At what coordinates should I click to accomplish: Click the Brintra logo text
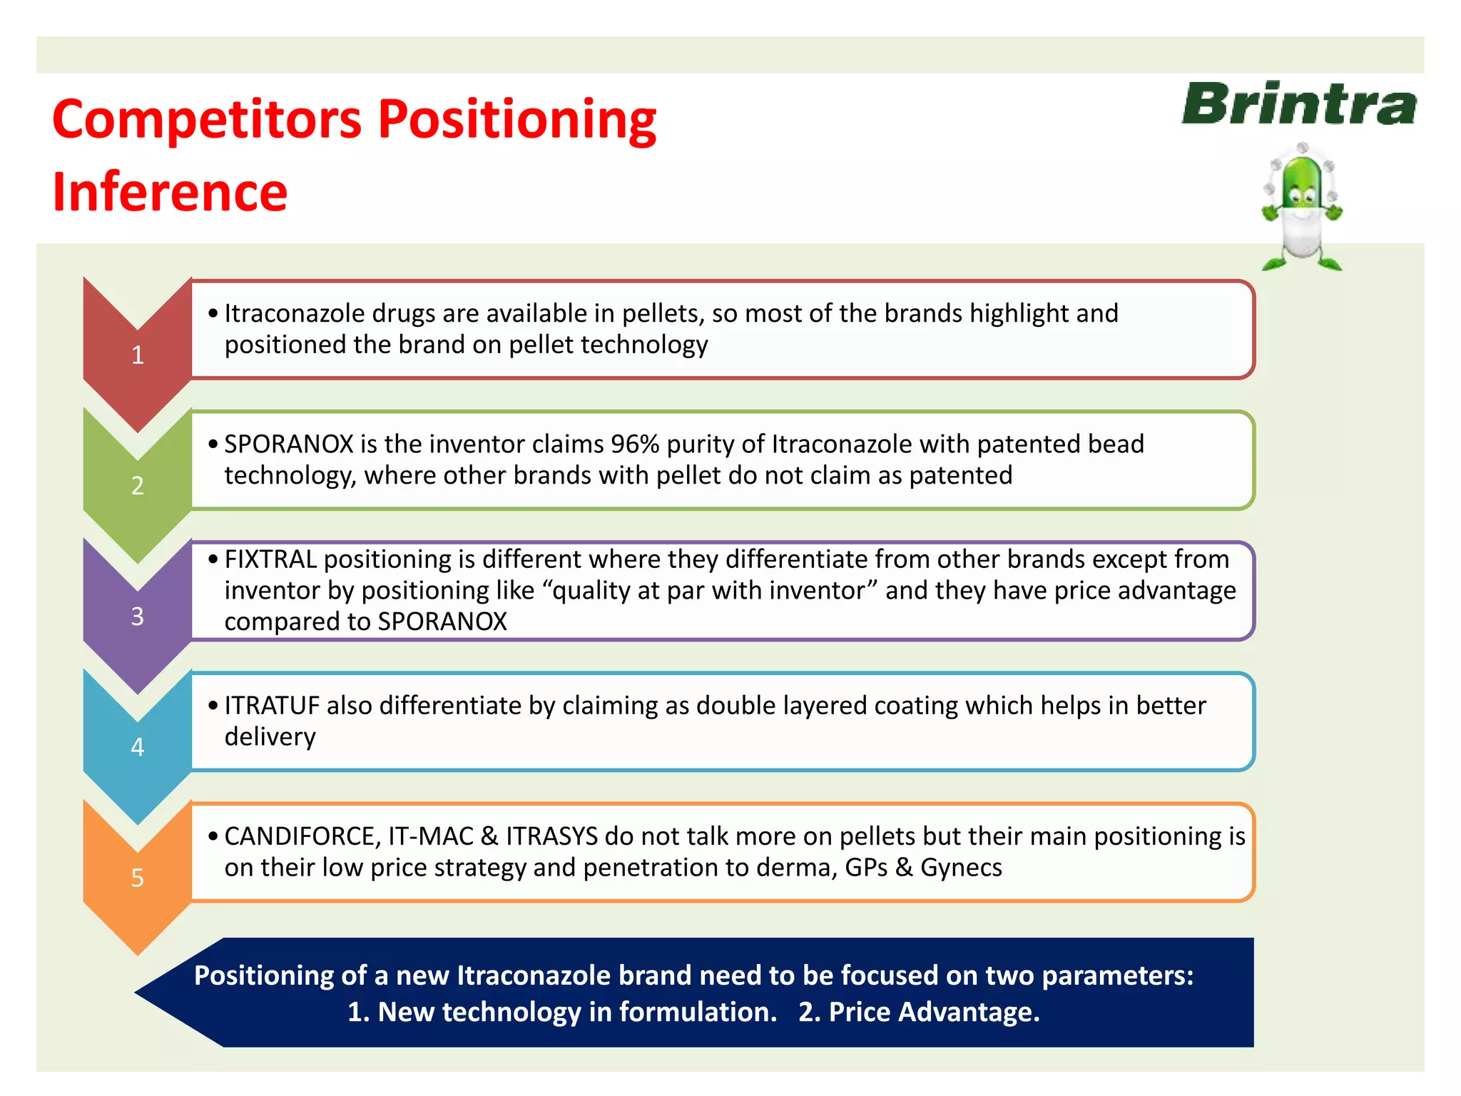click(1298, 104)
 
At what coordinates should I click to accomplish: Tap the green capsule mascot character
click(1302, 207)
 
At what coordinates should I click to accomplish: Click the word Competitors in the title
click(207, 119)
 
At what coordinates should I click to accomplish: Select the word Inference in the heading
click(170, 193)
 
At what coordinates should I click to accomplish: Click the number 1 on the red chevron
click(138, 355)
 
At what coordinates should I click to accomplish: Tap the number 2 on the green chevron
click(138, 486)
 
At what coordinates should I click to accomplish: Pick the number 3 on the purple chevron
click(138, 616)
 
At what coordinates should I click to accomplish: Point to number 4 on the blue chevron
click(138, 747)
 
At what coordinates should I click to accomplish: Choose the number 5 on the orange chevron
click(138, 878)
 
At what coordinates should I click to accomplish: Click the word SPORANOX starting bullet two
click(289, 445)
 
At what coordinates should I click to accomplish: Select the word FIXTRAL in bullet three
click(270, 559)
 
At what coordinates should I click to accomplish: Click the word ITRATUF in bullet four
click(272, 706)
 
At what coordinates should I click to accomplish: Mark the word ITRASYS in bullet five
click(551, 836)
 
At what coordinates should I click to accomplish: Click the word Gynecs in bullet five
click(961, 868)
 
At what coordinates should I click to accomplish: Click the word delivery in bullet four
click(270, 737)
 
